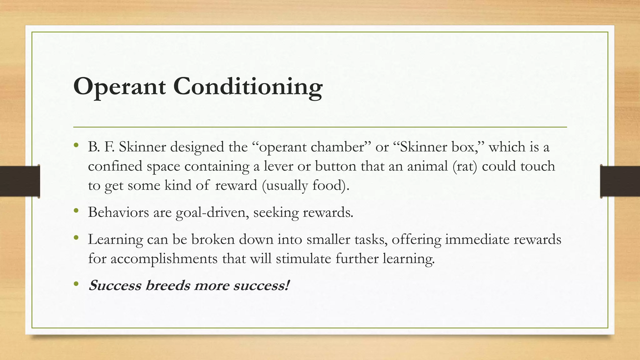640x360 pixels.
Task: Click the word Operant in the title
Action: pos(119,87)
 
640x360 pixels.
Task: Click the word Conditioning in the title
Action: pos(247,87)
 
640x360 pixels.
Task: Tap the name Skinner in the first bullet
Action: pos(142,147)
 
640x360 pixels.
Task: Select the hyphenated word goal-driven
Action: pos(212,212)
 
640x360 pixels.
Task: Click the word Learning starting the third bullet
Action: pos(115,240)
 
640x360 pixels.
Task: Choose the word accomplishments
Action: pos(164,259)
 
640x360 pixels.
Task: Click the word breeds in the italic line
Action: pos(167,286)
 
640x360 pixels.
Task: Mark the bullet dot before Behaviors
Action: pos(76,211)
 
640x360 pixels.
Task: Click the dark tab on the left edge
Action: pos(20,181)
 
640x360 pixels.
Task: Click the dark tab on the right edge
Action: pos(620,181)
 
